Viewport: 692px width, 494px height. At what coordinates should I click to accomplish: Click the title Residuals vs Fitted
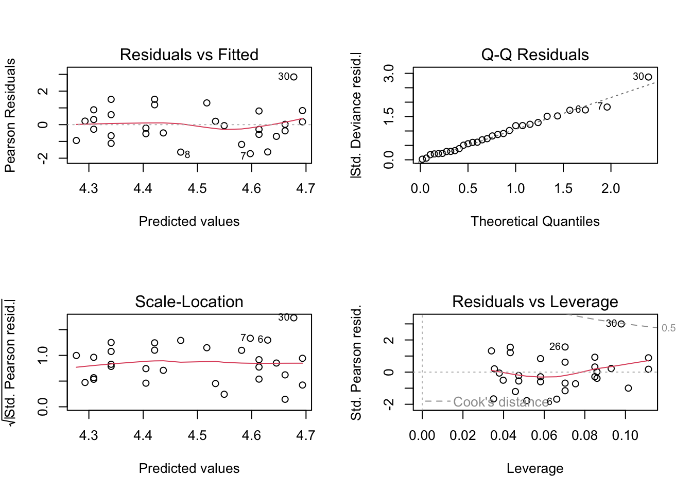tap(189, 55)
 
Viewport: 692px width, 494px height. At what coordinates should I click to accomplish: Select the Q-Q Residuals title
tap(534, 55)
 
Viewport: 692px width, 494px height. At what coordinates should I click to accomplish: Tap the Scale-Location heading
tap(189, 302)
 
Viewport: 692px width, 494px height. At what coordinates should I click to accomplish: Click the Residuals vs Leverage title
tap(534, 302)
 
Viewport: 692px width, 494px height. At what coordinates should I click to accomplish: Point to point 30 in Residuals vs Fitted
tap(293, 77)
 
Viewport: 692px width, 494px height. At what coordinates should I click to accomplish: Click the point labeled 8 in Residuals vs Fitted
tap(181, 152)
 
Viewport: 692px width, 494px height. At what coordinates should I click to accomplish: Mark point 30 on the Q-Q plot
tap(648, 77)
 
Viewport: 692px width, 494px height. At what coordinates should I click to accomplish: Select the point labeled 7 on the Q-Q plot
tap(607, 107)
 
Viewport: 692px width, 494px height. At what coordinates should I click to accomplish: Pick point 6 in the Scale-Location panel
tap(268, 340)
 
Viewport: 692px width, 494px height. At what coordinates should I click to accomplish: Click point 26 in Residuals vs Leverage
tap(565, 347)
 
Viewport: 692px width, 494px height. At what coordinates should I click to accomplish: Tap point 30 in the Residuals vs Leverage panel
tap(621, 324)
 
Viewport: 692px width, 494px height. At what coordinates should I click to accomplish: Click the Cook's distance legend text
tap(500, 402)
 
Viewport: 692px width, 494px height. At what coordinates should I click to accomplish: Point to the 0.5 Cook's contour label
tap(668, 328)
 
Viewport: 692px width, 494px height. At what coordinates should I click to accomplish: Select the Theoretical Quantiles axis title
tap(534, 221)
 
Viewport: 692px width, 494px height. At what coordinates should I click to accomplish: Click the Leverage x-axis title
tap(534, 468)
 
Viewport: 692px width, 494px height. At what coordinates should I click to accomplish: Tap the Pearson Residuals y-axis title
tap(10, 115)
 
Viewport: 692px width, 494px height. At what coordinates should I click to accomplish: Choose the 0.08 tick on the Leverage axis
tap(584, 435)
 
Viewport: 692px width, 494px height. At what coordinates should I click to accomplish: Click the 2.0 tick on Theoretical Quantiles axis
tap(611, 188)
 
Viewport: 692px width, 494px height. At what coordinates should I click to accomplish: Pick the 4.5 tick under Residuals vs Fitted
tap(197, 188)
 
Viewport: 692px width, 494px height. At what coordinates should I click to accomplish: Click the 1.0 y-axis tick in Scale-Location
tap(43, 355)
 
